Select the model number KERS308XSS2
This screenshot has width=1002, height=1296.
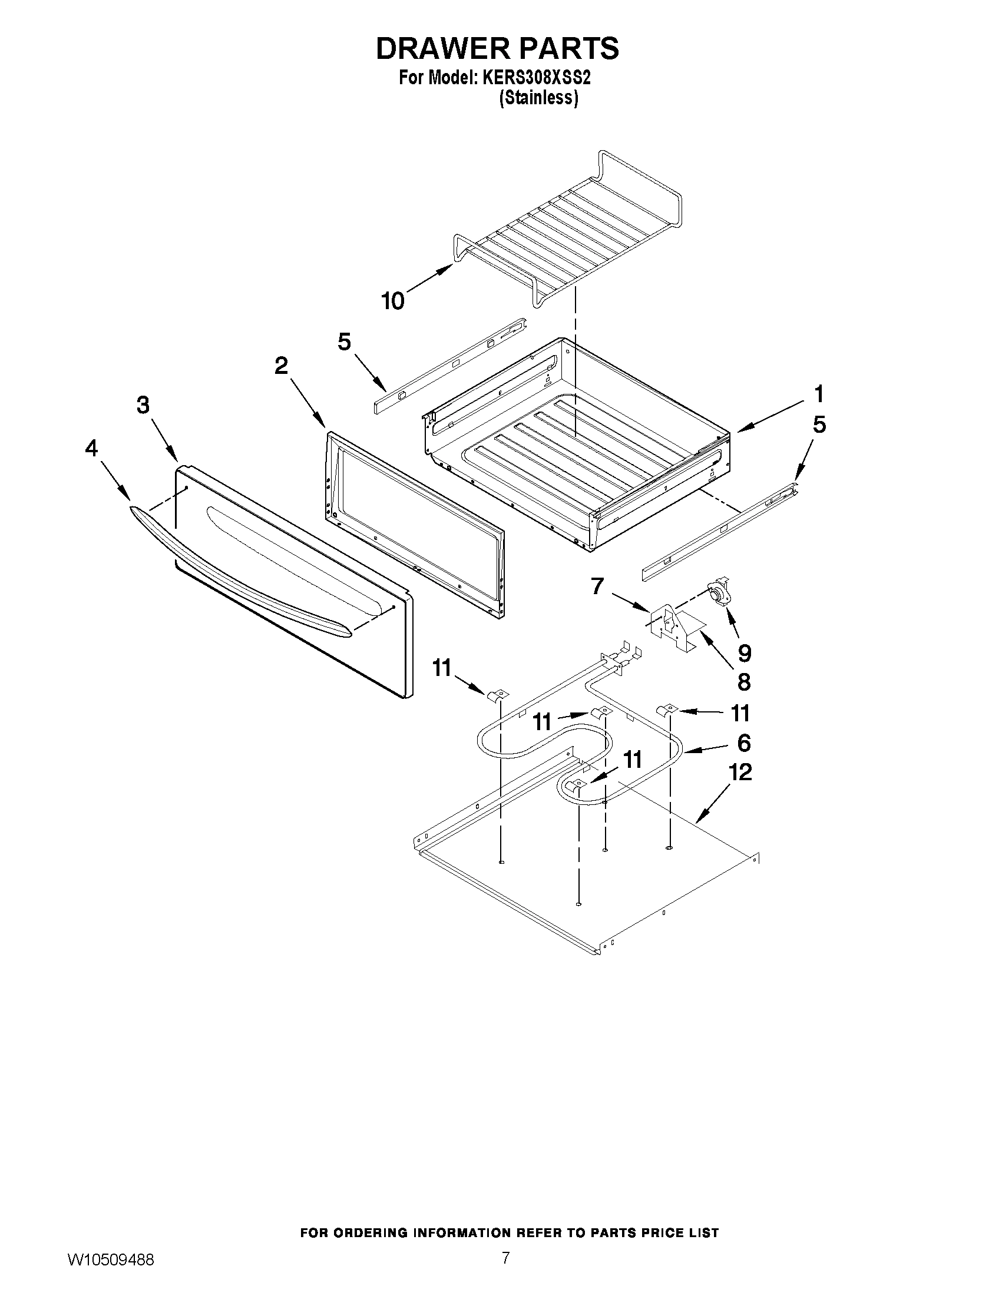[x=532, y=78]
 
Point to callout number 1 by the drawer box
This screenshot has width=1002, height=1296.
[x=819, y=393]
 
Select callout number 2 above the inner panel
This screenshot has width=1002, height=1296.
[x=282, y=366]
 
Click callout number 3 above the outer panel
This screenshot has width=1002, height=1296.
[x=143, y=405]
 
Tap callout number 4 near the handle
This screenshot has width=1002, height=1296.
[x=91, y=449]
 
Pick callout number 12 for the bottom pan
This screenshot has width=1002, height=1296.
[x=740, y=771]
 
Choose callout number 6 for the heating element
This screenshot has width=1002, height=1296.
[x=744, y=743]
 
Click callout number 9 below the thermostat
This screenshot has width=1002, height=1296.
[x=744, y=653]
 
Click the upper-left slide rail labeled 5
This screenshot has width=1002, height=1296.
[x=451, y=364]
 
